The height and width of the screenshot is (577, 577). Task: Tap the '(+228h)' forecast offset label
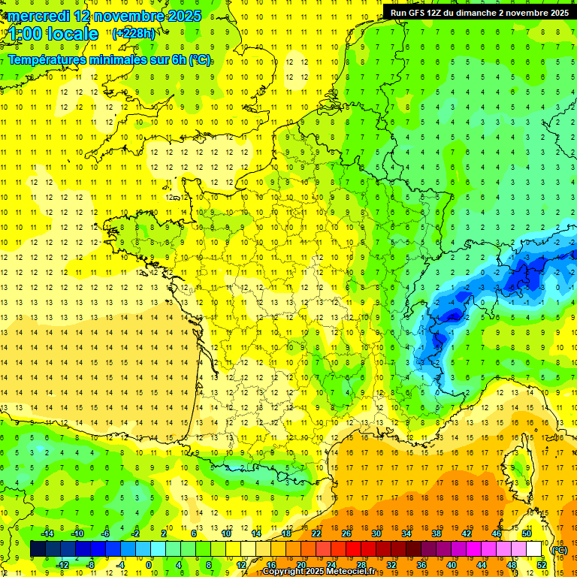coord(134,33)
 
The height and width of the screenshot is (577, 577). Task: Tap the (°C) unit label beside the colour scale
coord(559,550)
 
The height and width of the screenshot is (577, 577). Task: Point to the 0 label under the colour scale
coord(149,565)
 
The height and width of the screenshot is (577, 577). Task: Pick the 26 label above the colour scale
coord(346,533)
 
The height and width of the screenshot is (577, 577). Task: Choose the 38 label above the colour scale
coord(437,533)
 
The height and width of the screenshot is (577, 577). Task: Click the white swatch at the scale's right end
coord(534,549)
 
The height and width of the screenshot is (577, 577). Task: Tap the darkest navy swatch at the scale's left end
coord(38,549)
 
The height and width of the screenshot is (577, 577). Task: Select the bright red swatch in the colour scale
coord(354,549)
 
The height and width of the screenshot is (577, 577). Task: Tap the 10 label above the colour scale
coord(226,533)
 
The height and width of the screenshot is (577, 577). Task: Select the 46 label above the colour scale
coord(497,533)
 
